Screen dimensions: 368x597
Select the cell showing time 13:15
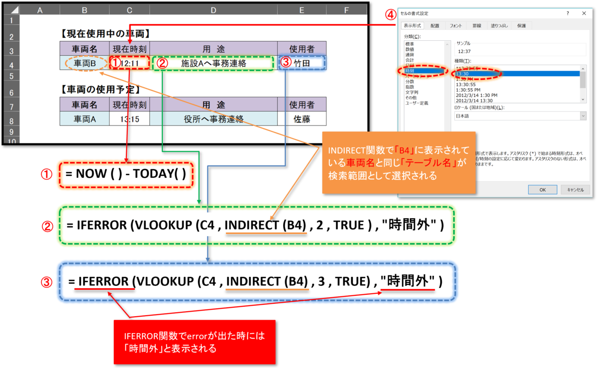tap(129, 119)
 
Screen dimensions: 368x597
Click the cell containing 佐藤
tap(302, 119)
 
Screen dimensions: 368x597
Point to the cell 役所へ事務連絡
tap(213, 119)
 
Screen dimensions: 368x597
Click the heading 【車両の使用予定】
tap(100, 90)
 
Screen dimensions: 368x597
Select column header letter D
tap(213, 10)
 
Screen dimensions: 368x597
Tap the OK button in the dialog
tap(542, 190)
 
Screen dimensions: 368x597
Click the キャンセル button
tap(575, 190)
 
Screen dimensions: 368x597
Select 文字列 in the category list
tap(411, 92)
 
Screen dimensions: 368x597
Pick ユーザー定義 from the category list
tap(417, 103)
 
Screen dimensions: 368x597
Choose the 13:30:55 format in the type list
tap(466, 84)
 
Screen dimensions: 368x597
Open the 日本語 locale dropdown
tap(520, 116)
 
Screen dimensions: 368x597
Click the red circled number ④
tap(390, 14)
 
